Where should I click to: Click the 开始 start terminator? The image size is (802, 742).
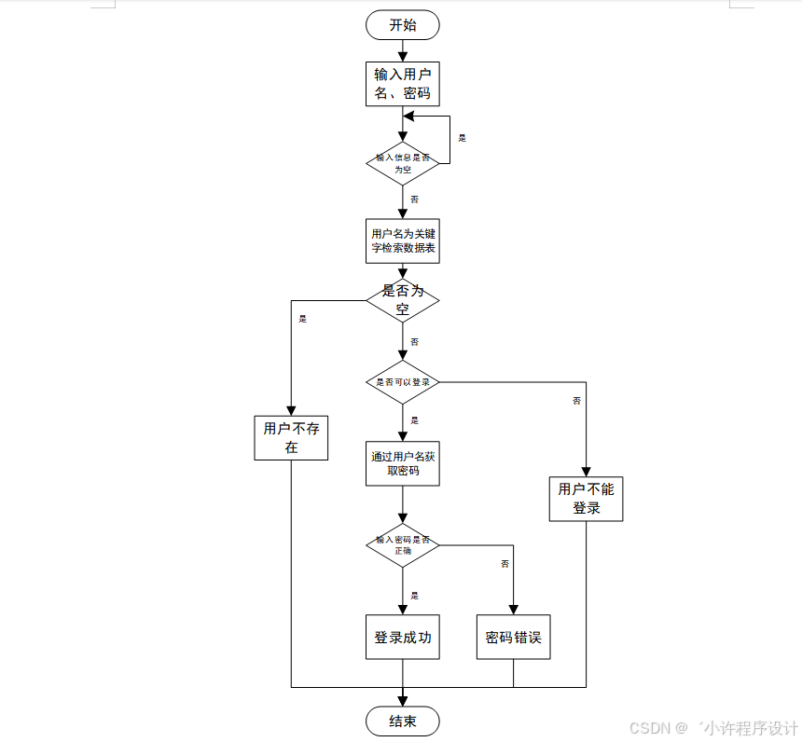tap(402, 25)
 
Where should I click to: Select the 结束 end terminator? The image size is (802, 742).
tap(402, 721)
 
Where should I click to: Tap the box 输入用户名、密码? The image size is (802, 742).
tap(402, 84)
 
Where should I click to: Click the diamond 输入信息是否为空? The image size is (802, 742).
tap(402, 163)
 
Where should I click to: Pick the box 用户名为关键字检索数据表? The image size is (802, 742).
tap(402, 241)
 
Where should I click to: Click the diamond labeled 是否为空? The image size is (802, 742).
tap(402, 299)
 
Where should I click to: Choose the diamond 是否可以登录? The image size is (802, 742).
tap(402, 382)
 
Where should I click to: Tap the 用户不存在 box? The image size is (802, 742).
tap(291, 437)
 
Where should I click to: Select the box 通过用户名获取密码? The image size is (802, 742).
tap(402, 463)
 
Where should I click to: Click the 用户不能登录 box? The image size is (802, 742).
tap(586, 499)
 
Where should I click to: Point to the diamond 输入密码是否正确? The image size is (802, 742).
tap(402, 545)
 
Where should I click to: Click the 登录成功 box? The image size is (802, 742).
tap(402, 638)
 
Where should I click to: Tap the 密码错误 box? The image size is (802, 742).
tap(513, 638)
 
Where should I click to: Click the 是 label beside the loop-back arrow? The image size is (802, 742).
tap(462, 138)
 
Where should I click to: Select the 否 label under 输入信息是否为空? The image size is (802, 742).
tap(414, 199)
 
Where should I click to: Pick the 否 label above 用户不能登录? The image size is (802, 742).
tap(576, 401)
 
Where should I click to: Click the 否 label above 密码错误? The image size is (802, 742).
tap(505, 564)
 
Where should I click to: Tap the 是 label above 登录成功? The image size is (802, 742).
tap(414, 596)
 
